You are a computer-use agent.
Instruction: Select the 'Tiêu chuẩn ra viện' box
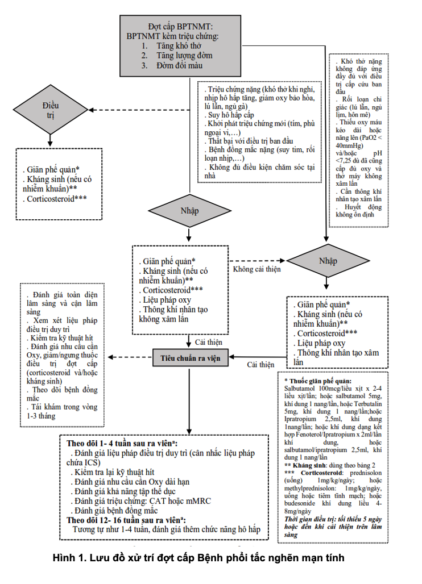pyautogui.click(x=190, y=358)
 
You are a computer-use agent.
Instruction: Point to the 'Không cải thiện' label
pyautogui.click(x=257, y=269)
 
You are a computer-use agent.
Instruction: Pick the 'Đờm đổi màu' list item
pyautogui.click(x=178, y=65)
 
